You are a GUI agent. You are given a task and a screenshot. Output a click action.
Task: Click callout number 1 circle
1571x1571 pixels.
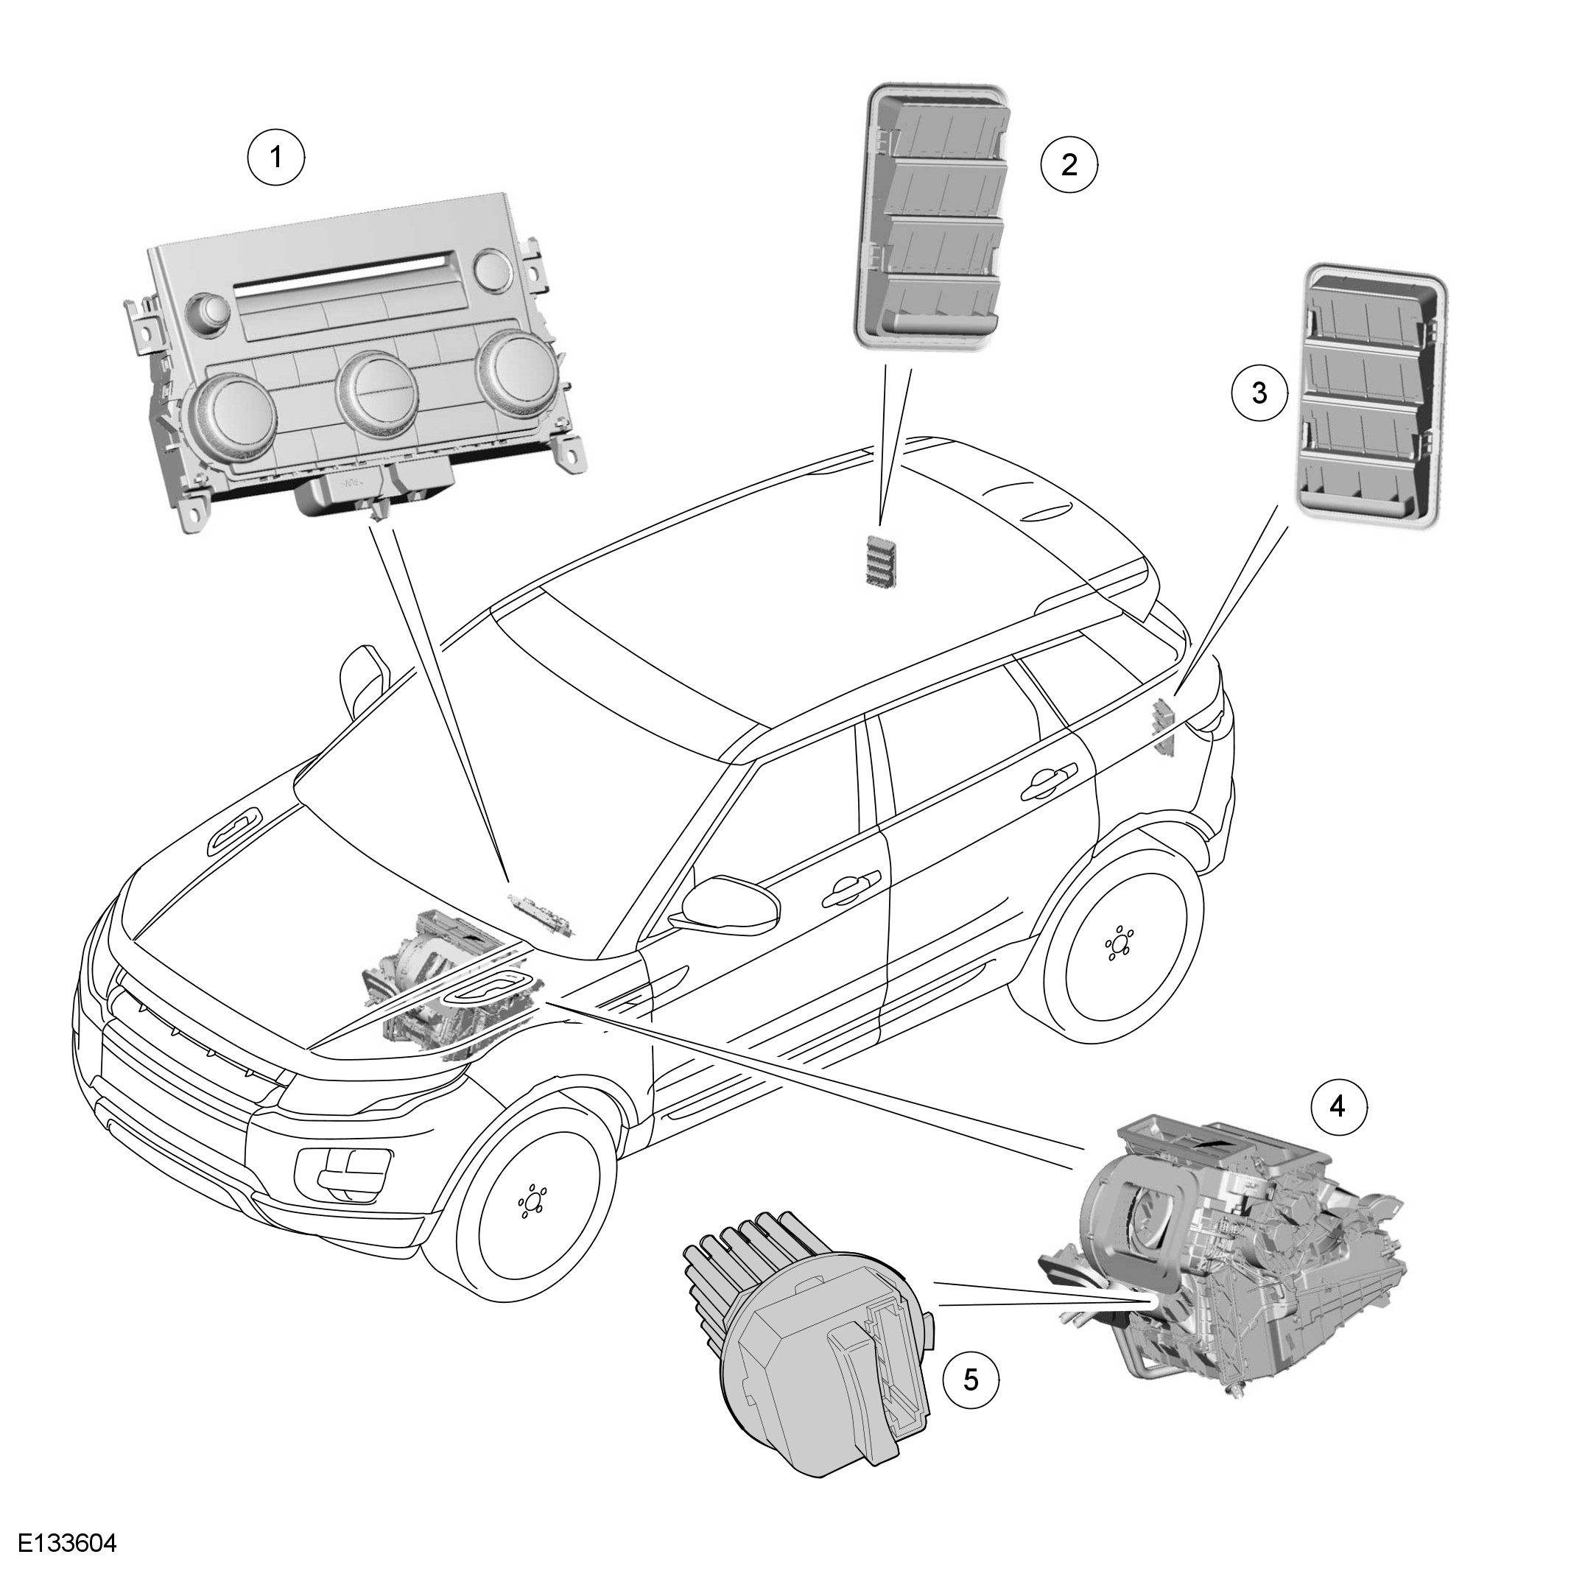pos(275,157)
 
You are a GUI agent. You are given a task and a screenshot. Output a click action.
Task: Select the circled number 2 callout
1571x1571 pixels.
pos(1069,164)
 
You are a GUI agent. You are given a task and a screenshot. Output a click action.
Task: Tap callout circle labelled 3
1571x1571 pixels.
pos(1259,393)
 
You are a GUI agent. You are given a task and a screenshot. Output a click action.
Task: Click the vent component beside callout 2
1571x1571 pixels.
pos(932,219)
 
